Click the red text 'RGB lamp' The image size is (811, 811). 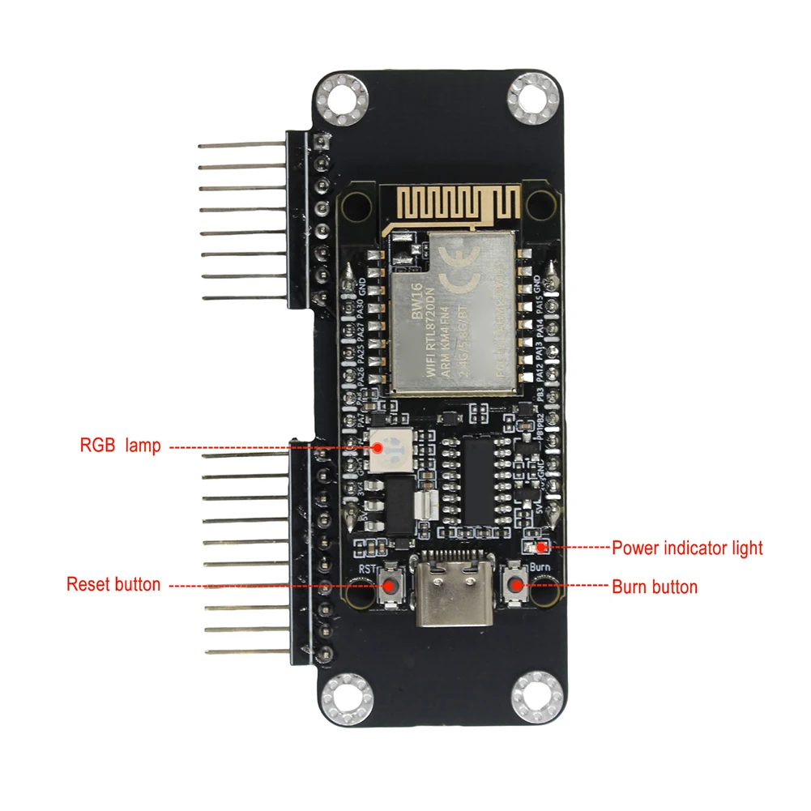[x=120, y=446]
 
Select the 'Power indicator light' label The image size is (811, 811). [x=687, y=548]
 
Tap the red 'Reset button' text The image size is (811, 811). [x=113, y=584]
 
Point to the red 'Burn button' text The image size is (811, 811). [x=654, y=587]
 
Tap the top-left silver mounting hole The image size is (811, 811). [x=342, y=101]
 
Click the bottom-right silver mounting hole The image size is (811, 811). [x=536, y=697]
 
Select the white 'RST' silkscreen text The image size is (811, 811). [x=369, y=569]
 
